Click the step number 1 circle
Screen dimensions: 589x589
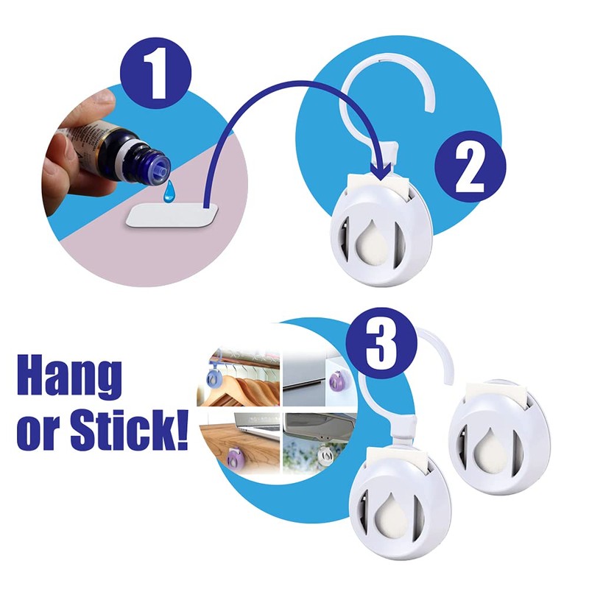click(155, 73)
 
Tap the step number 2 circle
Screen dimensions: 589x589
click(470, 166)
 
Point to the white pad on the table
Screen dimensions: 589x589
click(172, 216)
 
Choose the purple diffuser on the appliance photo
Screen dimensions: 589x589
click(338, 381)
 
